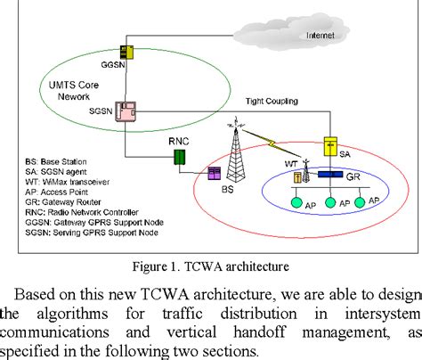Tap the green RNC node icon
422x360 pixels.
pos(179,158)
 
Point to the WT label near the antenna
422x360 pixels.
pos(289,161)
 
